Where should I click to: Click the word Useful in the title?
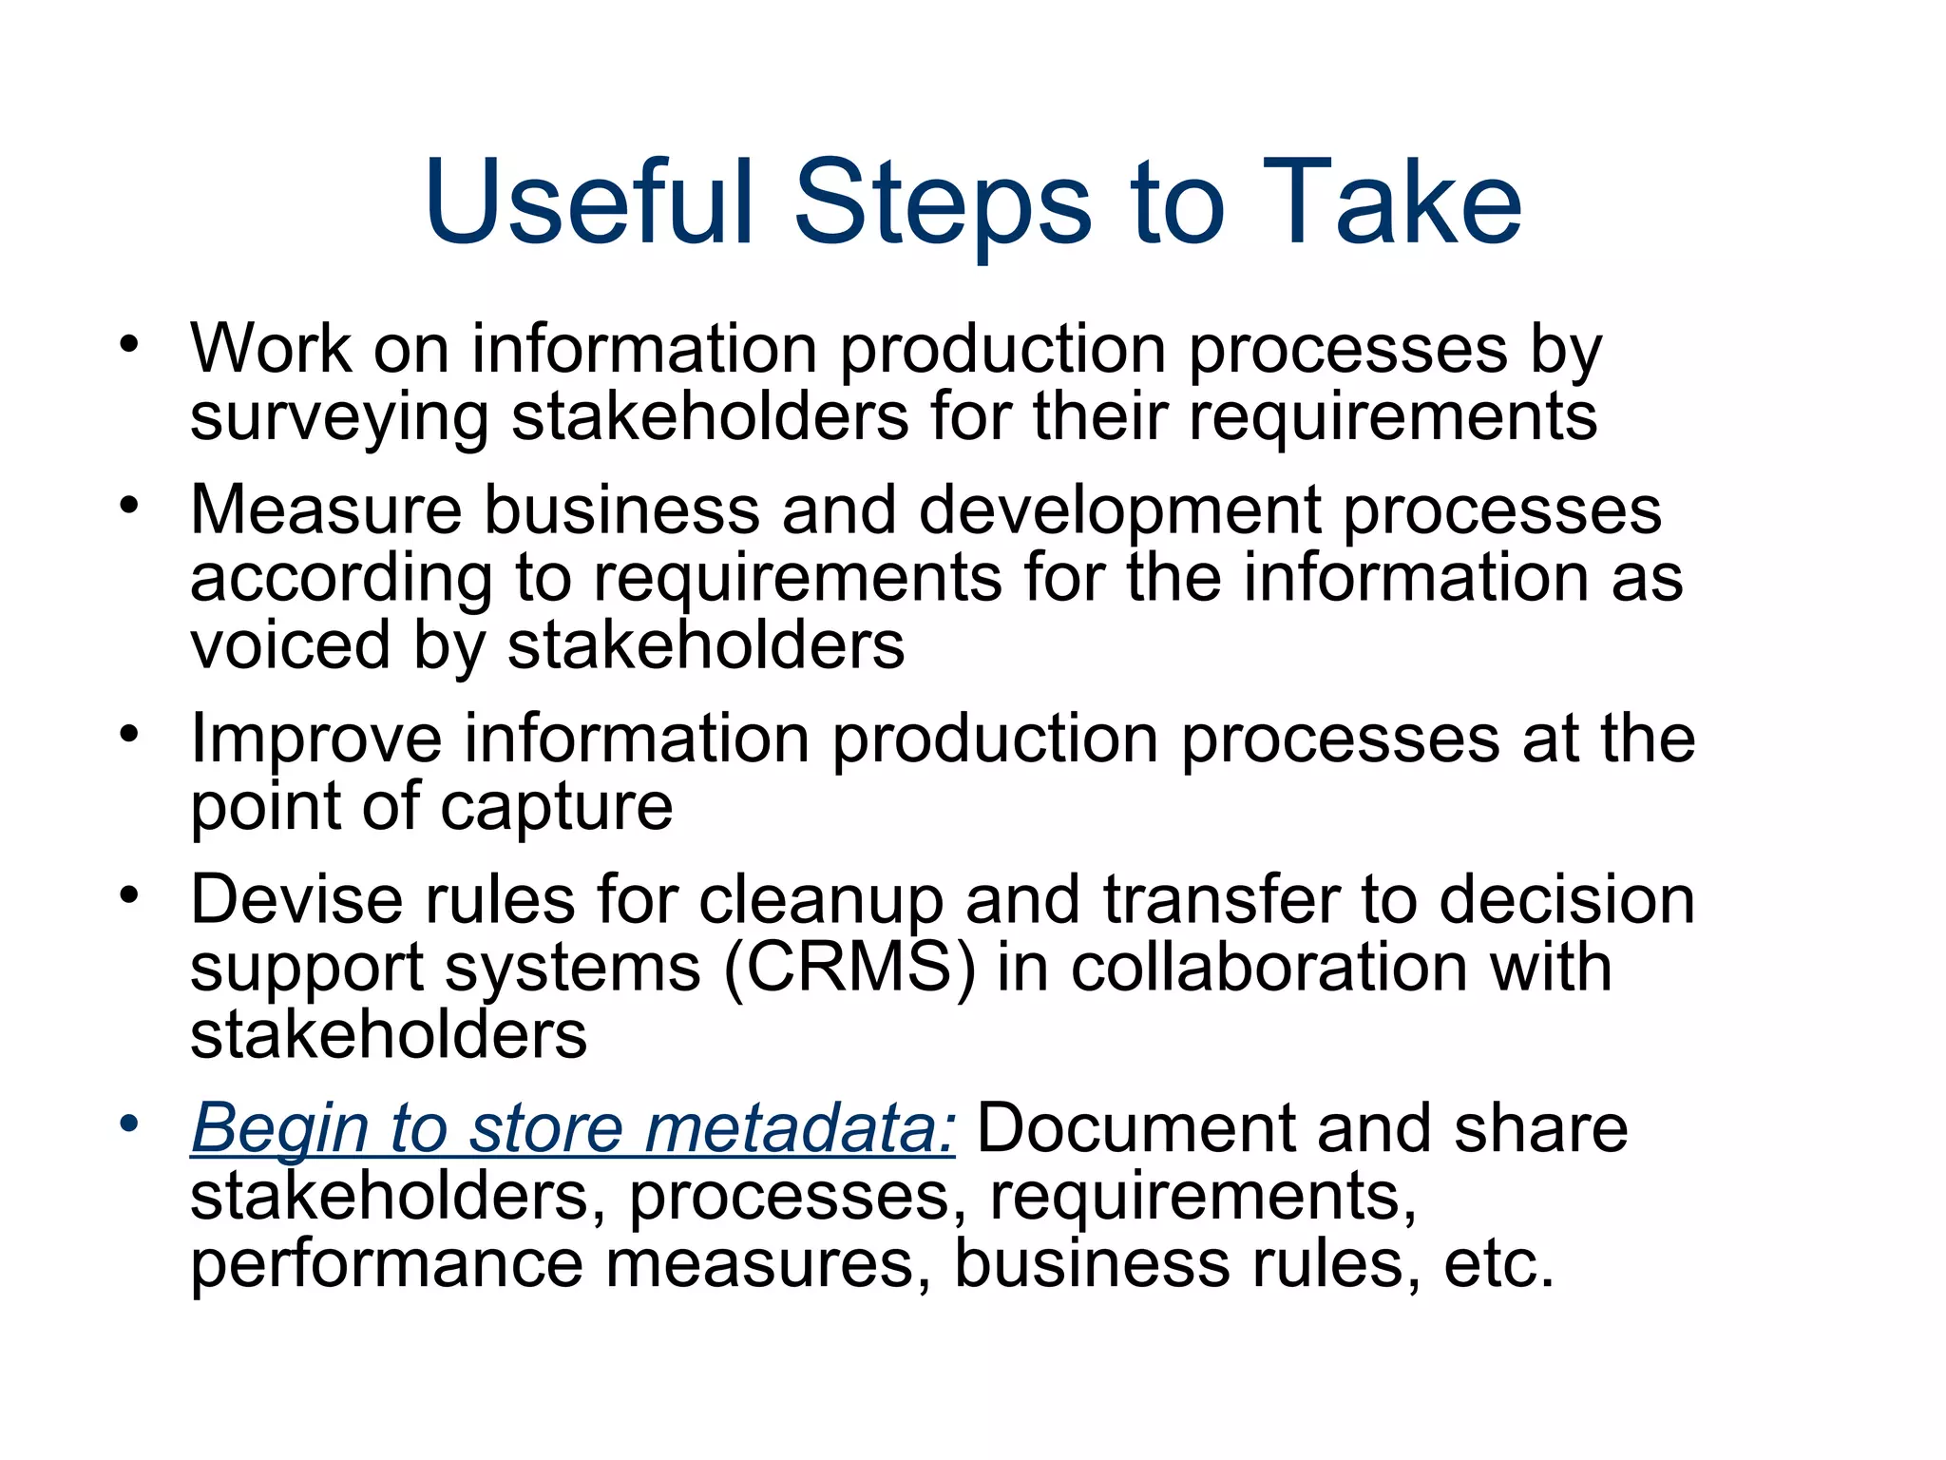[x=589, y=202]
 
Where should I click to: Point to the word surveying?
[x=339, y=418]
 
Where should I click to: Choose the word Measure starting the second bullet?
[x=326, y=509]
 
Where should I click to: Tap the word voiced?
[x=291, y=644]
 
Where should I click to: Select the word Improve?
[x=316, y=739]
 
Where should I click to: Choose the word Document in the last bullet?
[x=1135, y=1128]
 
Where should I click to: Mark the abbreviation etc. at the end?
[x=1498, y=1264]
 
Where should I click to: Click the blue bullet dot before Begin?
[x=129, y=1123]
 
